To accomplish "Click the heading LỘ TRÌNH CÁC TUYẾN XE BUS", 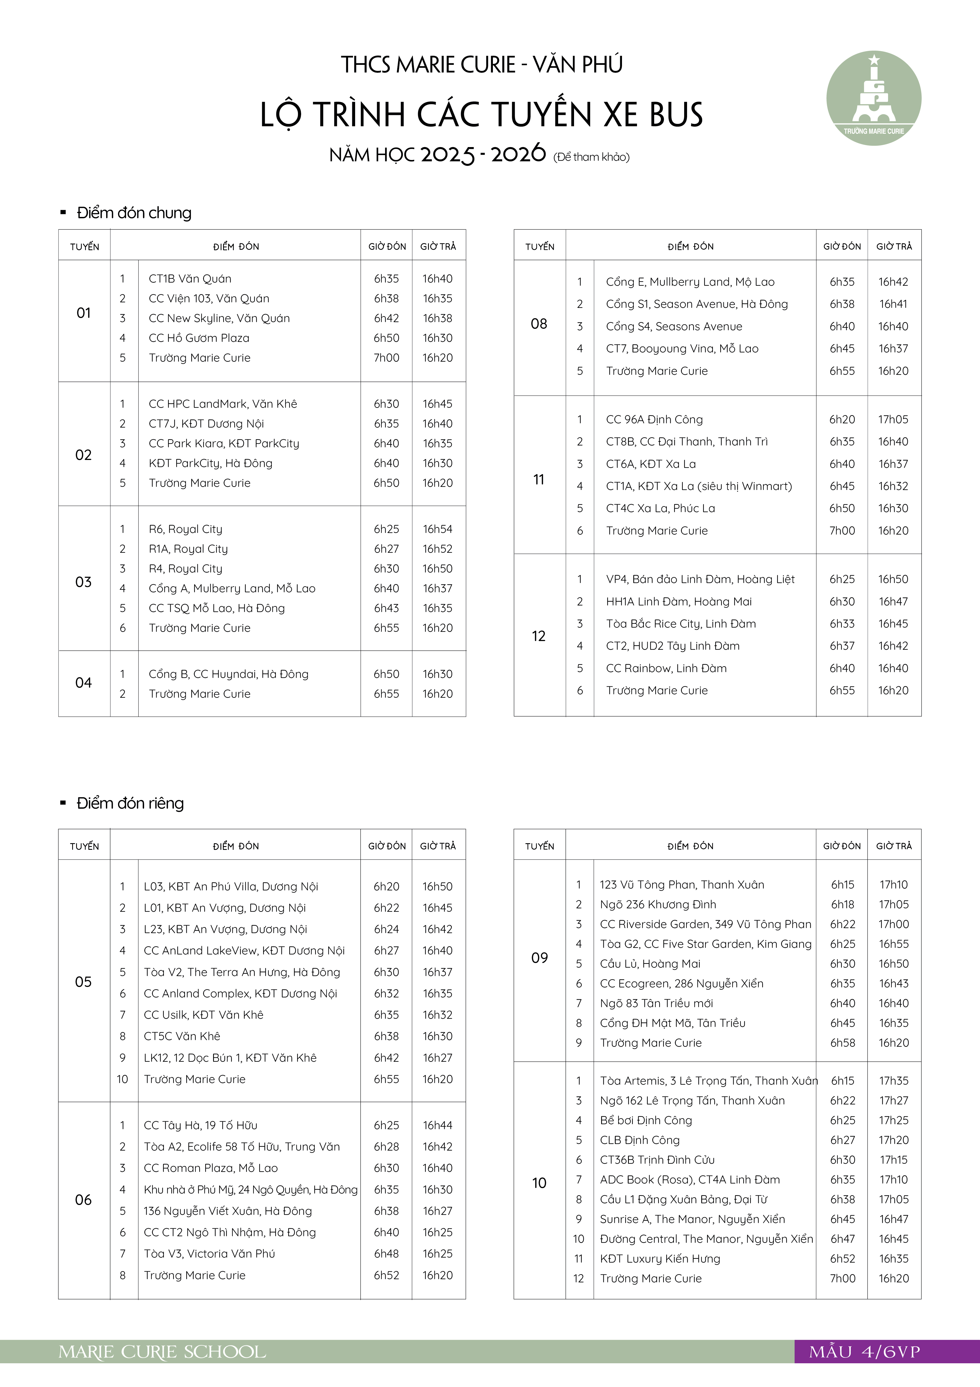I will (x=481, y=115).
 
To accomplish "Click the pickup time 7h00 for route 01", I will (x=386, y=358).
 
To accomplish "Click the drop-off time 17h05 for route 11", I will (x=893, y=419).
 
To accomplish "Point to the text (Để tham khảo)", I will (x=591, y=157).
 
